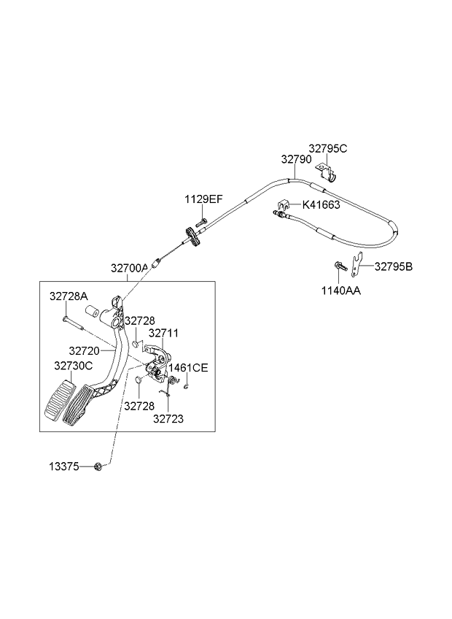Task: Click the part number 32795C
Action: click(x=328, y=149)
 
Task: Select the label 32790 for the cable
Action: click(x=296, y=159)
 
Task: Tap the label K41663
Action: click(x=321, y=205)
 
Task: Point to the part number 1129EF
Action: click(x=203, y=199)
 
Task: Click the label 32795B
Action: click(x=393, y=267)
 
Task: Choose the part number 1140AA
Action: click(x=340, y=291)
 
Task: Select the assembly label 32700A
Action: click(x=129, y=269)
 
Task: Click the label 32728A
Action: click(x=69, y=296)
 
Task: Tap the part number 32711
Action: click(x=163, y=333)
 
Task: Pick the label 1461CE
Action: click(x=188, y=368)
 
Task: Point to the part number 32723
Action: click(x=168, y=419)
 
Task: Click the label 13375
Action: click(x=64, y=466)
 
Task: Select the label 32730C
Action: click(x=74, y=366)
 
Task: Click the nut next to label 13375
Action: click(x=99, y=466)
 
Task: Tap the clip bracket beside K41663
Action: click(x=284, y=205)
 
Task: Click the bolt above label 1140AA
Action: click(x=340, y=266)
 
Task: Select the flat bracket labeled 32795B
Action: click(x=357, y=265)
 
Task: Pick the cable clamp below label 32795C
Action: click(x=327, y=174)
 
